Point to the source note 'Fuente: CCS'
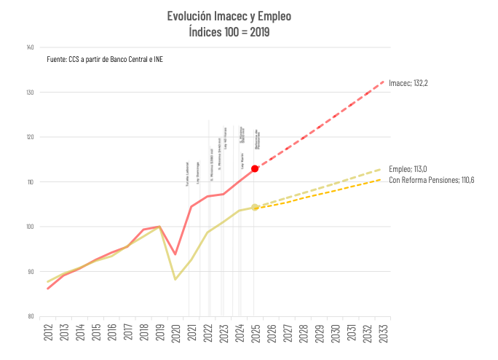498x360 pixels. click(105, 59)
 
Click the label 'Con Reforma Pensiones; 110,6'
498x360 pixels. click(432, 180)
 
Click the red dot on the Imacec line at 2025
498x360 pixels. click(255, 168)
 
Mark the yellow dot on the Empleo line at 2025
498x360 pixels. click(255, 208)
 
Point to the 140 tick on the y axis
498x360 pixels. click(30, 48)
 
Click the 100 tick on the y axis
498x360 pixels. click(30, 227)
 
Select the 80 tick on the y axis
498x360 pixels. click(31, 316)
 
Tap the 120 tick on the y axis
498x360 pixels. click(30, 137)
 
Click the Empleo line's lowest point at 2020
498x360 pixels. click(175, 279)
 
